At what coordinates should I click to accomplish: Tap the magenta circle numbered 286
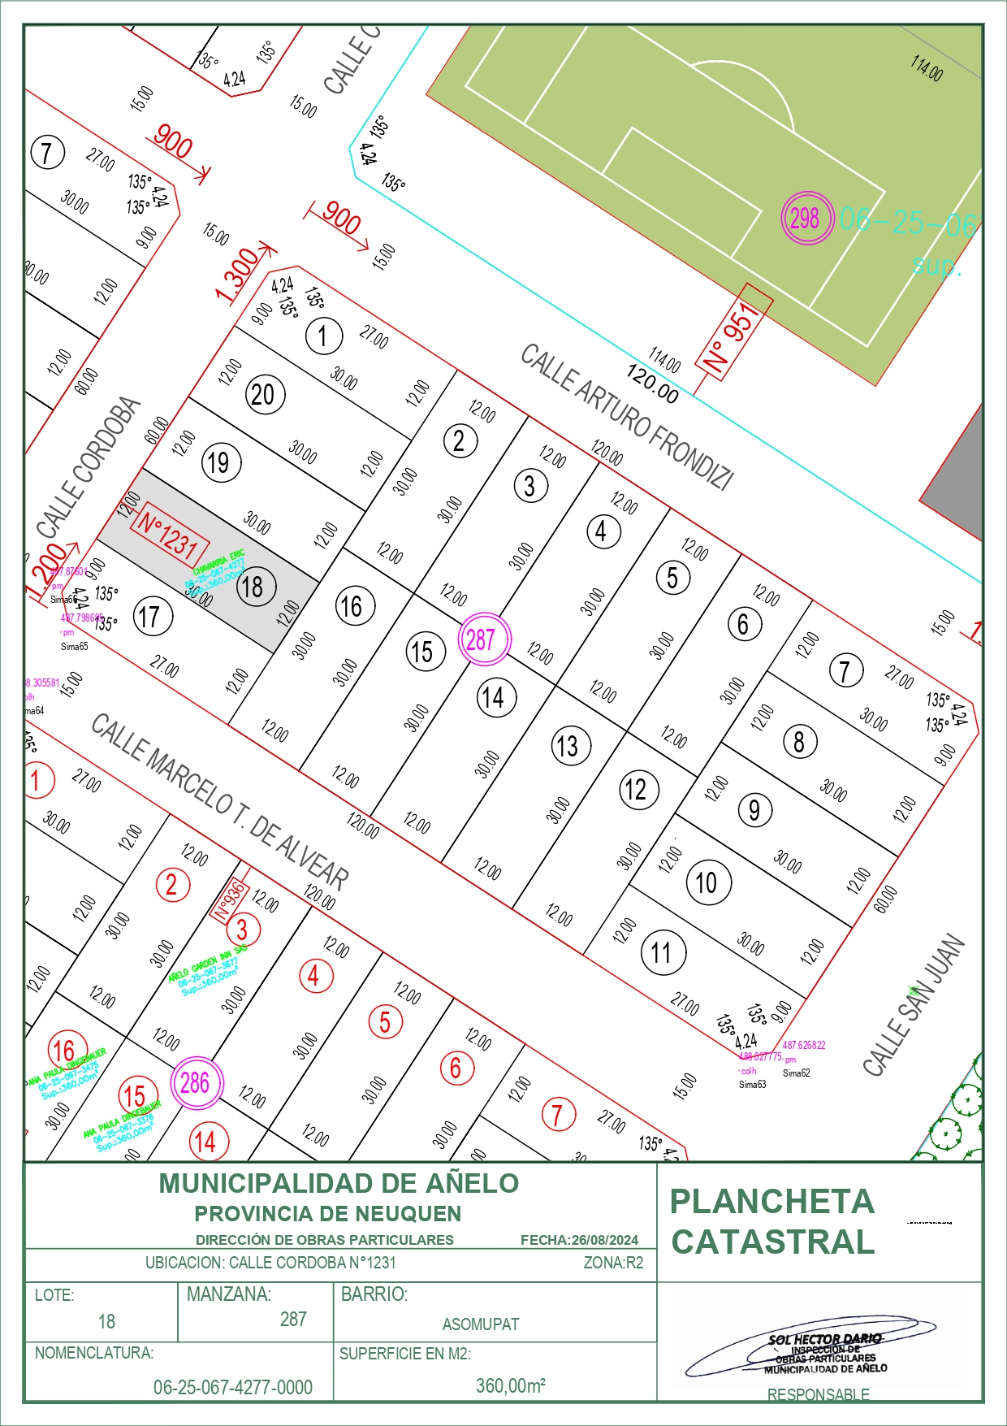[x=196, y=1082]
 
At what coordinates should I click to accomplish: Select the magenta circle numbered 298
[x=806, y=218]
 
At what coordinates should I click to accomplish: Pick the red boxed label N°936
[x=230, y=901]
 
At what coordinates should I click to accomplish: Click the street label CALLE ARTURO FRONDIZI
[x=627, y=416]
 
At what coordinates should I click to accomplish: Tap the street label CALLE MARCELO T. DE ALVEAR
[x=220, y=800]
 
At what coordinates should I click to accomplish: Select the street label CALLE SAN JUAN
[x=914, y=1004]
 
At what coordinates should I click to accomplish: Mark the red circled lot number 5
[x=385, y=1022]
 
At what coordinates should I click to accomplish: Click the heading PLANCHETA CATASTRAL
[x=772, y=1221]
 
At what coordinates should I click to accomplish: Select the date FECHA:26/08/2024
[x=579, y=1240]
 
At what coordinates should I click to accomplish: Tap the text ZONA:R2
[x=613, y=1263]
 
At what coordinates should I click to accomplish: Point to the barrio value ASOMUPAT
[x=480, y=1324]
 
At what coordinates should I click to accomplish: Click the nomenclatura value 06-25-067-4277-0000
[x=233, y=1387]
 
